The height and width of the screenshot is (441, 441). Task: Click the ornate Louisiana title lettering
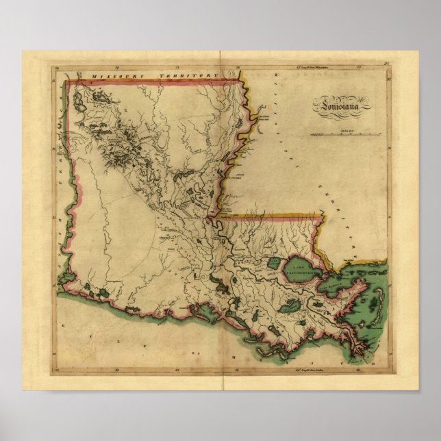click(342, 105)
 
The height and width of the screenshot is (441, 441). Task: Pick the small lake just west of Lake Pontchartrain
click(274, 263)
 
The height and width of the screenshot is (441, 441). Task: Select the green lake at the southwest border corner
click(67, 278)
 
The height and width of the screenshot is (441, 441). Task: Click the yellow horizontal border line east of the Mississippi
click(274, 216)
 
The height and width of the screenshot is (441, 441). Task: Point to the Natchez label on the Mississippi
click(237, 175)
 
